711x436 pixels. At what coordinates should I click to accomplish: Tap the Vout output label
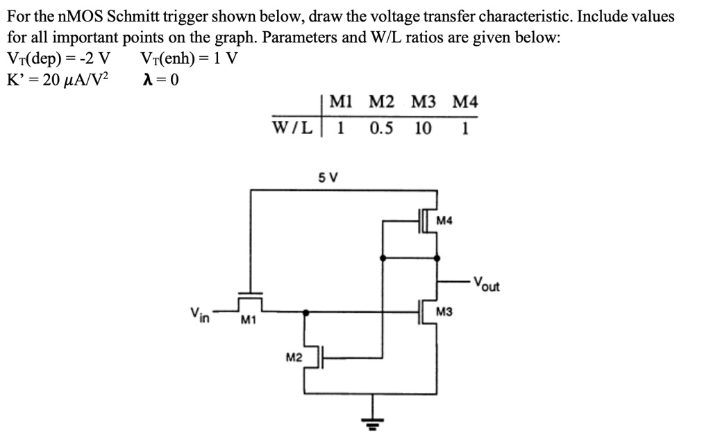(487, 283)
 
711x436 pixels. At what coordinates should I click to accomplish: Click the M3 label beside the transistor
(444, 313)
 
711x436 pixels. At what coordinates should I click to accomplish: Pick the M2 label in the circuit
(294, 357)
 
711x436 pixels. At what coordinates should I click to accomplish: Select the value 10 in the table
(423, 128)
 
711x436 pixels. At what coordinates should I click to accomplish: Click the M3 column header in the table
(424, 103)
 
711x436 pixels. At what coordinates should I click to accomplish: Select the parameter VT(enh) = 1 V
(189, 58)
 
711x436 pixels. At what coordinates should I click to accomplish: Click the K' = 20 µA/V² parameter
(57, 79)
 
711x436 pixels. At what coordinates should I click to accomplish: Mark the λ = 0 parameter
(160, 79)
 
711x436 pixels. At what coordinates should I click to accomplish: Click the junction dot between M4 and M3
(437, 258)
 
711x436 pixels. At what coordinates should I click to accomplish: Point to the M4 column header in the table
(465, 103)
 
